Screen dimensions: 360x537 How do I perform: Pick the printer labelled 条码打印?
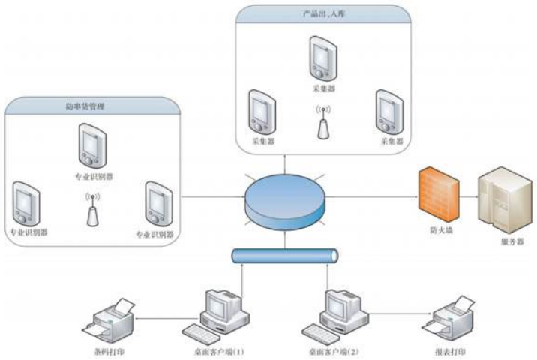(110, 319)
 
